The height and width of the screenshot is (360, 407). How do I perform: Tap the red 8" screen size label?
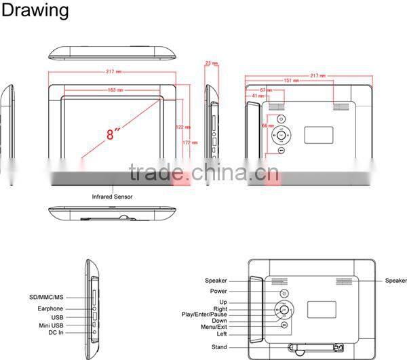point(109,134)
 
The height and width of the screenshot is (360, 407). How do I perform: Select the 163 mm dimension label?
point(116,89)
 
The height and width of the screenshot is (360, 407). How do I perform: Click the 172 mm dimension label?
point(191,142)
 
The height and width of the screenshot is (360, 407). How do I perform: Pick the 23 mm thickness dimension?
point(211,64)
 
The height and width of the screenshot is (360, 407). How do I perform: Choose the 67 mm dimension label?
point(267,89)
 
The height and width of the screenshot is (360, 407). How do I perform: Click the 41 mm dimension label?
point(258,96)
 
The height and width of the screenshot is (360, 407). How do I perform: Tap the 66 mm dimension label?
point(267,125)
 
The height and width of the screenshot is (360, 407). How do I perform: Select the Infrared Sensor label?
point(113,197)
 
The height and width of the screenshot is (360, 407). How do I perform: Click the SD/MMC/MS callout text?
point(46,298)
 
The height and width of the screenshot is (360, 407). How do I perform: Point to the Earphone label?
point(52,308)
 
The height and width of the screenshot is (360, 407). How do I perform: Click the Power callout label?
point(218,292)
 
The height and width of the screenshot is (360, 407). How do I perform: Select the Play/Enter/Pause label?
point(205,315)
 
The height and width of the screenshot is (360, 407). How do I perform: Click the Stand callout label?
point(219,347)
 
